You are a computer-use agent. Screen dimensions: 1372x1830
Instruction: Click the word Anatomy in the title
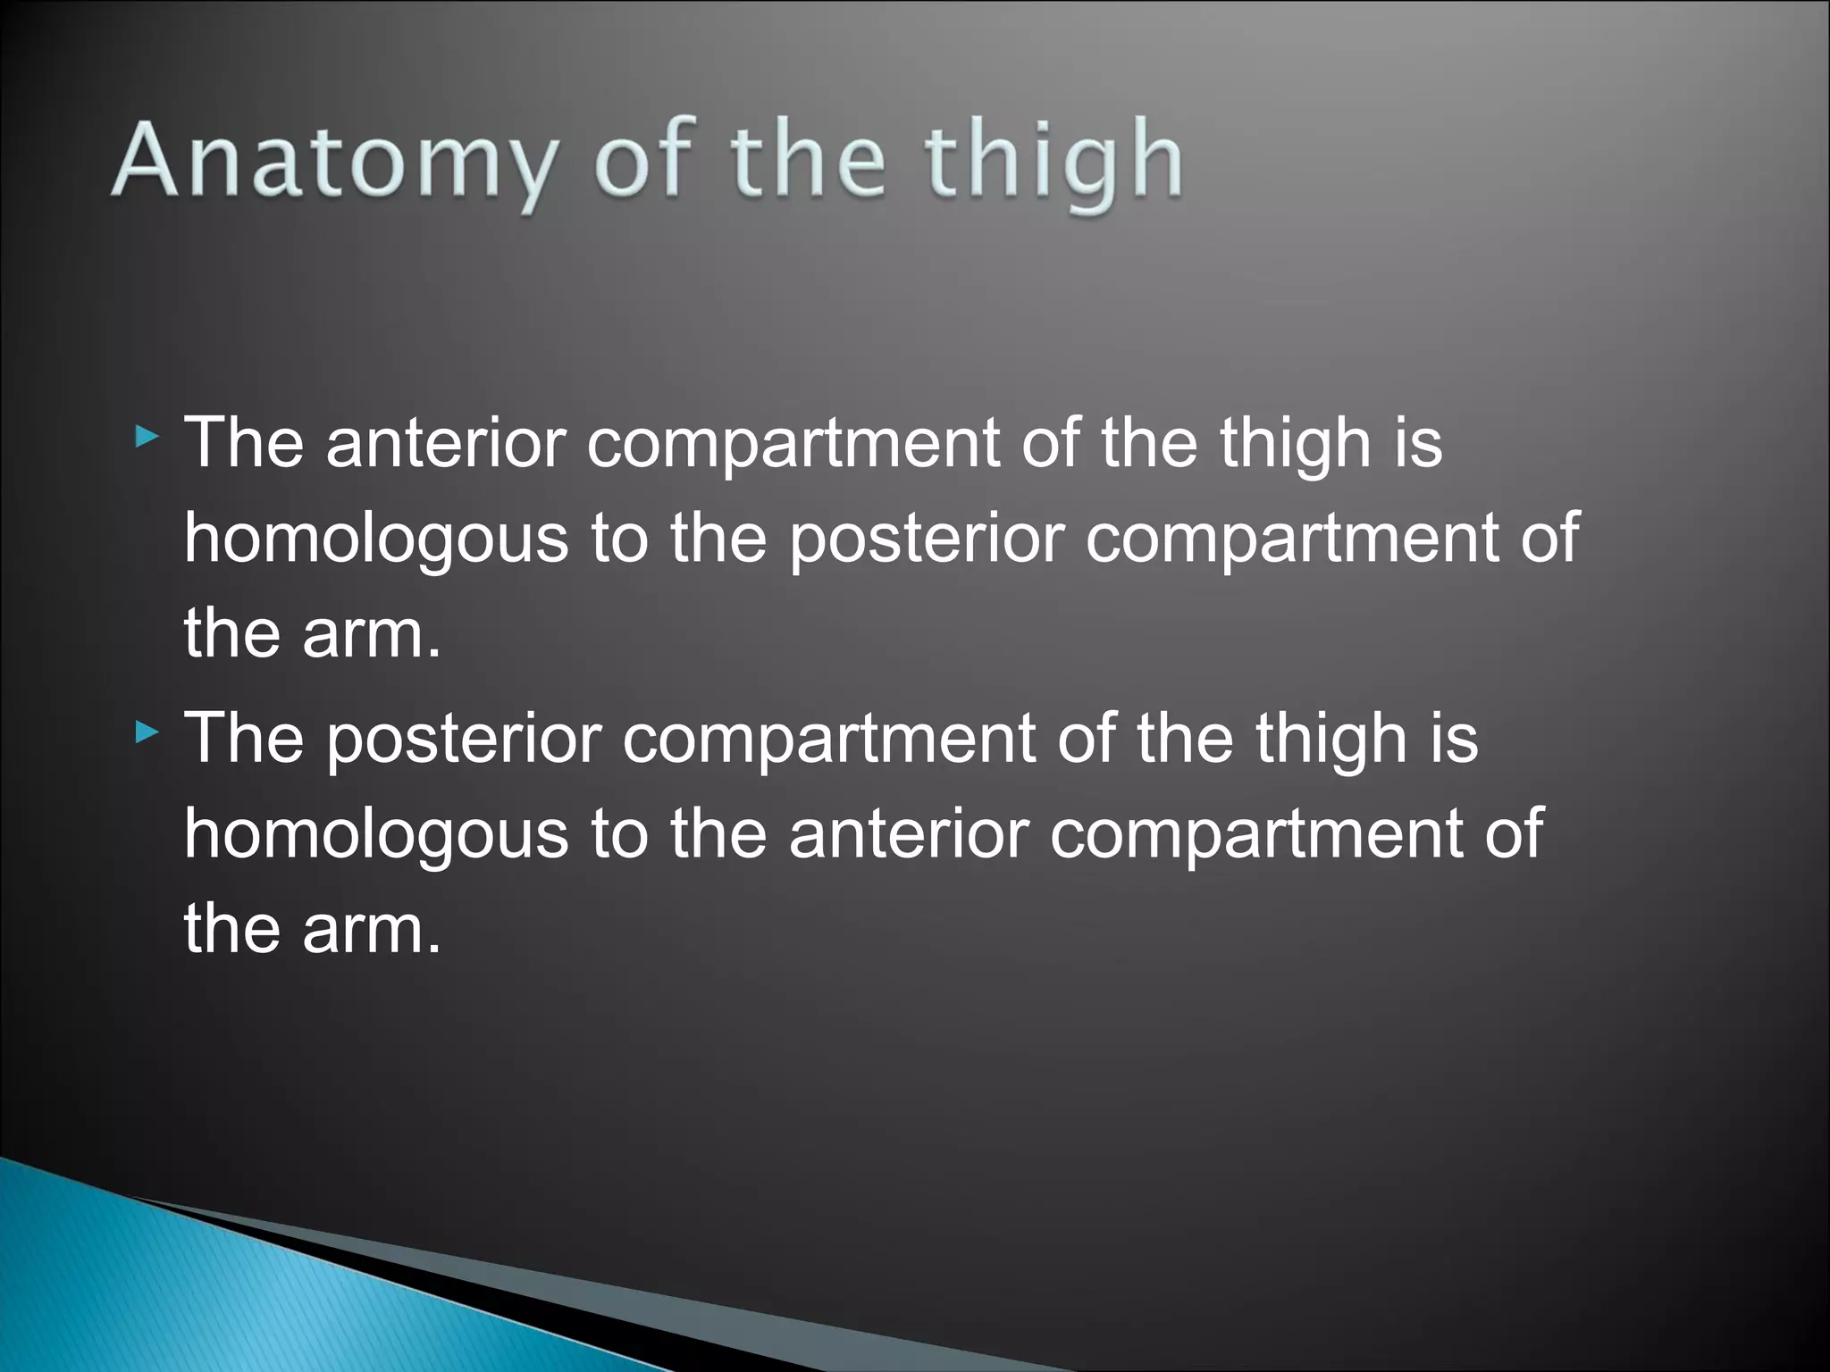[332, 161]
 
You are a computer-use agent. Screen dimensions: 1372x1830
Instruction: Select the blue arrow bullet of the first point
[147, 438]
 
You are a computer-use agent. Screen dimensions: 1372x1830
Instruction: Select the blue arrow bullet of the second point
[147, 733]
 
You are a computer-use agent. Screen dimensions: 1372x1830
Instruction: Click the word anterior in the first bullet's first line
[446, 443]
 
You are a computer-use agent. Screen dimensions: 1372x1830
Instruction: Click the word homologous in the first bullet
[375, 539]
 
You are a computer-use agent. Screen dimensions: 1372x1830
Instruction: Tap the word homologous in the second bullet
[375, 834]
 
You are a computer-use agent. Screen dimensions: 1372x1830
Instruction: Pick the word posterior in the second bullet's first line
[464, 740]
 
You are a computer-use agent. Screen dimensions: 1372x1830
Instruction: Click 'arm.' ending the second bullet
[372, 930]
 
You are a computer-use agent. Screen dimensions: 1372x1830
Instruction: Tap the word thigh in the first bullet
[1296, 443]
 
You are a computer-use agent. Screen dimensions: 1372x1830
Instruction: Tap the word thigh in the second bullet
[1331, 740]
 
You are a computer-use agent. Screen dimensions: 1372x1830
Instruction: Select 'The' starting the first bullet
[243, 443]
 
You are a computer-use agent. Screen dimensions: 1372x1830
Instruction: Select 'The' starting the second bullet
[243, 740]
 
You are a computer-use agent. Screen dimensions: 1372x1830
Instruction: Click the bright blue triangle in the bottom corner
[179, 1286]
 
